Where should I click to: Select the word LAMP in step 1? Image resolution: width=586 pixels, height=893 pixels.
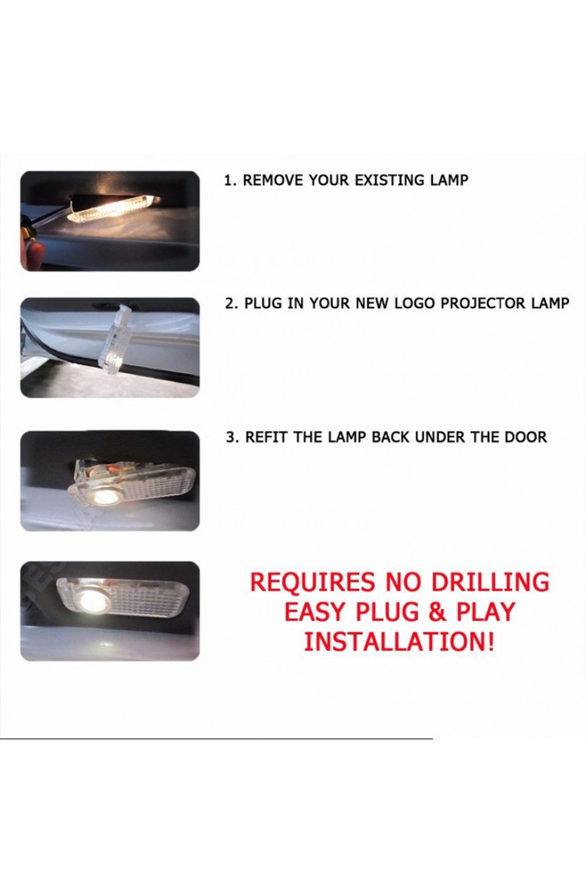pos(448,180)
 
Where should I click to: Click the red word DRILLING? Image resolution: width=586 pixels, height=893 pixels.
pos(489,582)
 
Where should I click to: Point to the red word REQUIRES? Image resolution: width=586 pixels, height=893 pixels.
pos(313,582)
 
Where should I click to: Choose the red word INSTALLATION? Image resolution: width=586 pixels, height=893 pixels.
pos(398,642)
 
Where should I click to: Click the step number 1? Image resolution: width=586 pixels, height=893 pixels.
pos(229,180)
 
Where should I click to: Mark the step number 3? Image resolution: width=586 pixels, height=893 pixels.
pos(231,438)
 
